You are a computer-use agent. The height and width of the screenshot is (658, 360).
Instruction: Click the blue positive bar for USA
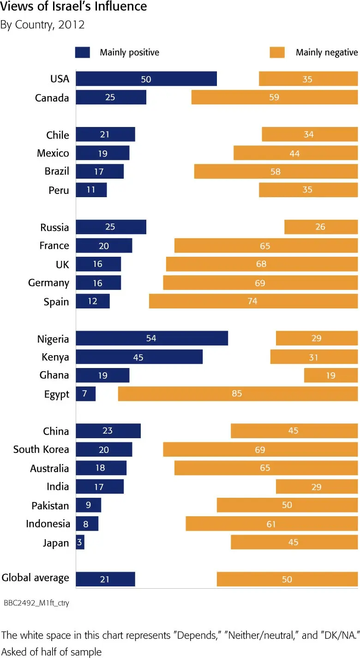146,79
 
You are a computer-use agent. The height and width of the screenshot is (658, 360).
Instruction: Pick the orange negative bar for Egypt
238,394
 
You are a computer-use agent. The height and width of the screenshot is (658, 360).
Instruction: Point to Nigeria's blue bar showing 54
151,338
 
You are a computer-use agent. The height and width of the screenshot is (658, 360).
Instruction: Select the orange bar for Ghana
330,375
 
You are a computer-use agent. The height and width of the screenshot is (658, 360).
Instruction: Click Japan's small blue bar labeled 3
80,542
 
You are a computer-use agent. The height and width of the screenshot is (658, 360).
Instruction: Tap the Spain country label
56,302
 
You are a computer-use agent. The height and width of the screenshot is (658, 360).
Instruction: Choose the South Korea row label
41,450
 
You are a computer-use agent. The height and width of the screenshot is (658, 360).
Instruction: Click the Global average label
36,578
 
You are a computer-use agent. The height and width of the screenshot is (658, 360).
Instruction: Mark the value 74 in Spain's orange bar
252,302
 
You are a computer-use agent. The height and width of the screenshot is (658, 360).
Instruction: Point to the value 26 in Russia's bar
320,227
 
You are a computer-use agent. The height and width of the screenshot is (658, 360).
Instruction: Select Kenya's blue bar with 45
138,357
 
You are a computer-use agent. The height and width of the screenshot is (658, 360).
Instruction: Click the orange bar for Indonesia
271,524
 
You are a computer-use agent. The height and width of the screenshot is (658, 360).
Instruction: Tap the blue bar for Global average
105,579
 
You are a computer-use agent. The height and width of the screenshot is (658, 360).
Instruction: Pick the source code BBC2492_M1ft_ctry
36,603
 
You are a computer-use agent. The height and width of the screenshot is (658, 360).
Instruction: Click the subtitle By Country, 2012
42,24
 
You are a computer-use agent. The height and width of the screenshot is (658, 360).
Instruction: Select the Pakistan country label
50,506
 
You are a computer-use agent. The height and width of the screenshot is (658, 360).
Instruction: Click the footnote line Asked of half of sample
51,651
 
